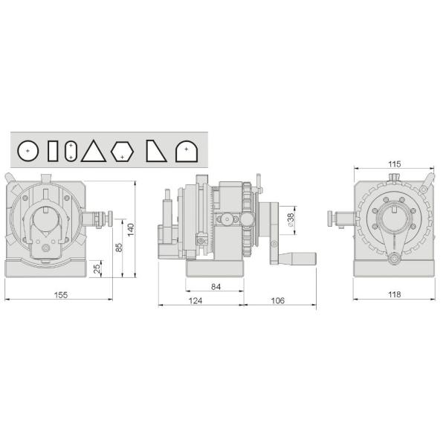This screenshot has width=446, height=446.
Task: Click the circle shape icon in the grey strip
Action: [x=28, y=151]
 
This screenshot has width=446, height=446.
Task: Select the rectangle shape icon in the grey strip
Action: [x=52, y=151]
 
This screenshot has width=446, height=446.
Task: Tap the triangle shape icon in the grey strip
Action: [x=94, y=151]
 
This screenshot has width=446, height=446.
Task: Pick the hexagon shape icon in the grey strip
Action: [x=122, y=152]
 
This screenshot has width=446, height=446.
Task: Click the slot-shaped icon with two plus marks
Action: [x=70, y=151]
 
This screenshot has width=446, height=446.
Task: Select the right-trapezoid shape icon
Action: [x=155, y=151]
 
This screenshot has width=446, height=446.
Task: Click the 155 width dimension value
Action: [x=61, y=295]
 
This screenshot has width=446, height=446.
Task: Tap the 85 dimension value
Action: [x=118, y=246]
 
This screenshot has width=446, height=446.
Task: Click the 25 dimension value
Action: [x=97, y=268]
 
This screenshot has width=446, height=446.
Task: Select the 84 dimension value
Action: [x=216, y=286]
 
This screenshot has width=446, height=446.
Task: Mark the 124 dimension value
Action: [x=195, y=300]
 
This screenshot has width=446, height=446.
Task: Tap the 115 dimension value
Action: [x=394, y=164]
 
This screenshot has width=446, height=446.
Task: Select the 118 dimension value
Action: [x=394, y=295]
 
